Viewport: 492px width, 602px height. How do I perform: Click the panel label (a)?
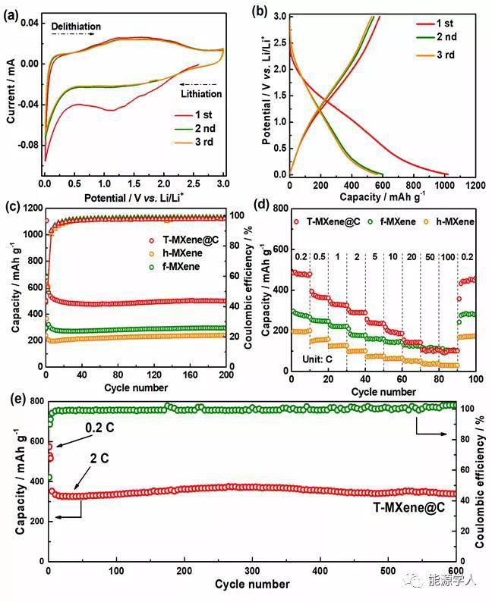point(12,12)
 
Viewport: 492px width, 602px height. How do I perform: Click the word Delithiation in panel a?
point(76,27)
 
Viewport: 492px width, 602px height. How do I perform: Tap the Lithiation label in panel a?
point(201,94)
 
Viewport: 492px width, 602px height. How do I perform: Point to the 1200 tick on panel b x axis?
point(475,185)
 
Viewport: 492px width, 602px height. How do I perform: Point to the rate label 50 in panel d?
point(428,257)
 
